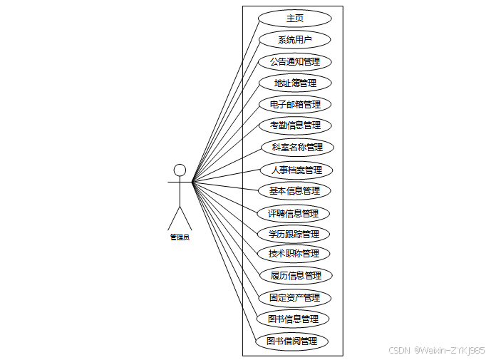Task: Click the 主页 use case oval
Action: (x=294, y=19)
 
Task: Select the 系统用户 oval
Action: (x=294, y=39)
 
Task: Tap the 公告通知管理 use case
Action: (x=294, y=61)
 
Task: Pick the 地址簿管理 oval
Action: (x=294, y=83)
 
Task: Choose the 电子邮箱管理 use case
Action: (x=294, y=104)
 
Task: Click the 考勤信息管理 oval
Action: (x=294, y=125)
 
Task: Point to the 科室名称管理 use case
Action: (x=297, y=148)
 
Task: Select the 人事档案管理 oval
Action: (x=296, y=170)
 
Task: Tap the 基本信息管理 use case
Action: (x=294, y=190)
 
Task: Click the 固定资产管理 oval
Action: (x=294, y=297)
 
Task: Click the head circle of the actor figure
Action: (x=180, y=170)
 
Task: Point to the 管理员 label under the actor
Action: (x=180, y=237)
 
